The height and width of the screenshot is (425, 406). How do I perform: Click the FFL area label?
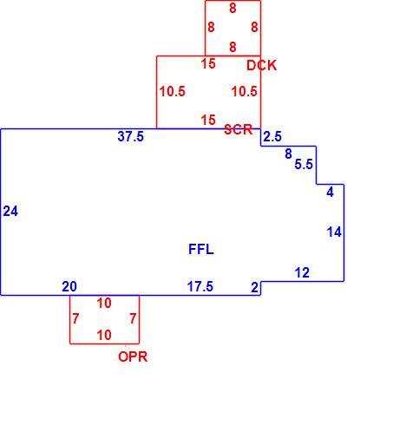pyautogui.click(x=201, y=249)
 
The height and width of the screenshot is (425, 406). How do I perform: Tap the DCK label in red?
pyautogui.click(x=261, y=66)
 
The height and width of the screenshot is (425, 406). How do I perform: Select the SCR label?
pyautogui.click(x=239, y=129)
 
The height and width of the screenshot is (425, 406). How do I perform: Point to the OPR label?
pyautogui.click(x=133, y=356)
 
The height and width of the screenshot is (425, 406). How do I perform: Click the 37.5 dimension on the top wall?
pyautogui.click(x=130, y=136)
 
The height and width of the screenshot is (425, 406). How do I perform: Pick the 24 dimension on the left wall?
pyautogui.click(x=10, y=211)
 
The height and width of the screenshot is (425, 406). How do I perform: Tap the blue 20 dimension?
pyautogui.click(x=69, y=286)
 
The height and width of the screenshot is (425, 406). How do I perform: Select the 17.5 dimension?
pyautogui.click(x=200, y=286)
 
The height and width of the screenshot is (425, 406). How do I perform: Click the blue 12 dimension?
pyautogui.click(x=302, y=272)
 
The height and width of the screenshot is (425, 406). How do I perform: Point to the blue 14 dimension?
pyautogui.click(x=334, y=232)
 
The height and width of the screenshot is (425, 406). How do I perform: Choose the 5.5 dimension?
pyautogui.click(x=304, y=164)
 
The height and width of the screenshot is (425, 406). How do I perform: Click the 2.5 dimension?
pyautogui.click(x=272, y=136)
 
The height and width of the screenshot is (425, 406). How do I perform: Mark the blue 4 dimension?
pyautogui.click(x=330, y=193)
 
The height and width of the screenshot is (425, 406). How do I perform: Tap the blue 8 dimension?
pyautogui.click(x=288, y=154)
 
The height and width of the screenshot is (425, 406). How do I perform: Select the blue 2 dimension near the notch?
pyautogui.click(x=254, y=288)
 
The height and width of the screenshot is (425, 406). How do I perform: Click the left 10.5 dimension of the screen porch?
pyautogui.click(x=172, y=91)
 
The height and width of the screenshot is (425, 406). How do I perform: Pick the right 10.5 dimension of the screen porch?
pyautogui.click(x=244, y=91)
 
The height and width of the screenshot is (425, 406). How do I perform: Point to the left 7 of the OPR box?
pyautogui.click(x=75, y=318)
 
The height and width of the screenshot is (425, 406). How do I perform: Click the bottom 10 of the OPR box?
pyautogui.click(x=104, y=335)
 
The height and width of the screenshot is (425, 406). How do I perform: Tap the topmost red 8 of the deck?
pyautogui.click(x=232, y=8)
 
